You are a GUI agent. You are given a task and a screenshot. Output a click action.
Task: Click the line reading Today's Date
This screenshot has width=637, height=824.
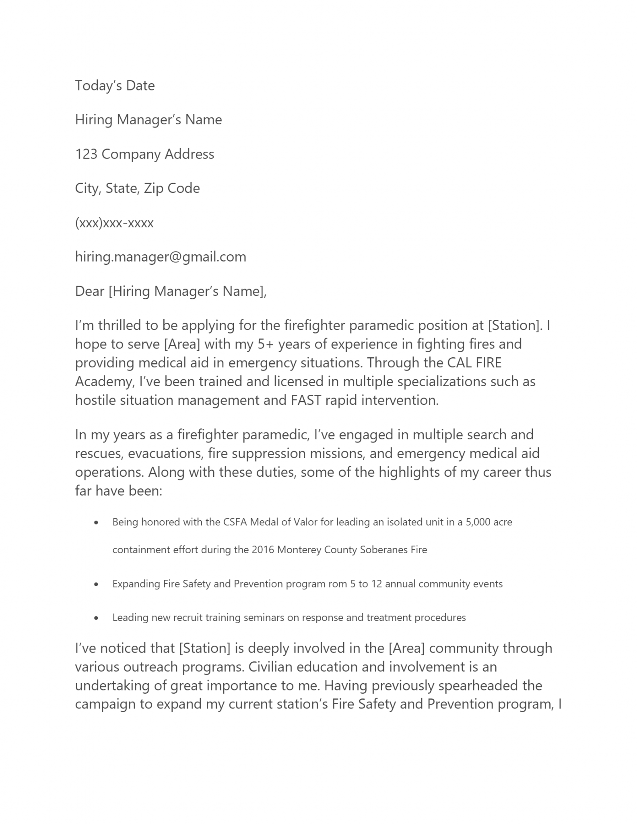click(x=115, y=86)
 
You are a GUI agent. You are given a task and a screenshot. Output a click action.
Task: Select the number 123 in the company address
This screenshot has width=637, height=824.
click(x=86, y=154)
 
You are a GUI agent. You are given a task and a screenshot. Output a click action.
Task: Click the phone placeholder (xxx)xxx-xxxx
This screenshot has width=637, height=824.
click(x=114, y=222)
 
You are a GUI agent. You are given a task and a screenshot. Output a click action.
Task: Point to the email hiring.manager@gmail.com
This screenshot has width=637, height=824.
click(x=161, y=257)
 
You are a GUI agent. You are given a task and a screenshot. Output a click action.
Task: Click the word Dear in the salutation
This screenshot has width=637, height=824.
click(x=90, y=291)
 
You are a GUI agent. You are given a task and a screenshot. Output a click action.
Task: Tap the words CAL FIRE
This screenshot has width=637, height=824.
click(x=474, y=363)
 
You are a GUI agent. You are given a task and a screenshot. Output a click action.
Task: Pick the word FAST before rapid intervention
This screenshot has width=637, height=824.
click(x=306, y=400)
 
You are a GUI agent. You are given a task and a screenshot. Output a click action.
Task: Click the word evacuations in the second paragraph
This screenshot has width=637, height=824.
click(x=168, y=453)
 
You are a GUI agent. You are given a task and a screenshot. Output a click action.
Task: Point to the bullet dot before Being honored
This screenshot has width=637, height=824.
click(x=96, y=523)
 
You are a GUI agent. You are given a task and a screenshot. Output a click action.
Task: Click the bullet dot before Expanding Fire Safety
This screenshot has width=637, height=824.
click(x=96, y=584)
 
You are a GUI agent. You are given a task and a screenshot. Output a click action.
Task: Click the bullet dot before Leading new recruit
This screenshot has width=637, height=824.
click(x=96, y=618)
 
